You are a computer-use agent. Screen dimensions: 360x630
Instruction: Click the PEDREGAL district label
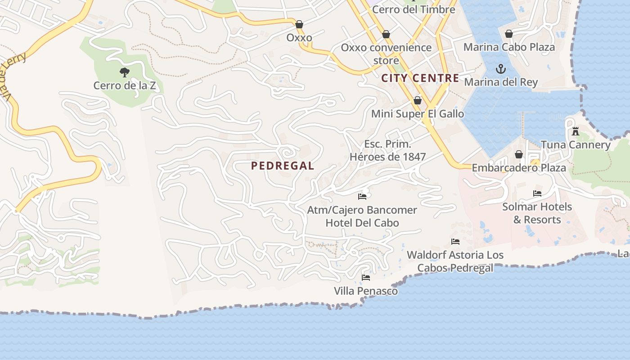pyautogui.click(x=283, y=166)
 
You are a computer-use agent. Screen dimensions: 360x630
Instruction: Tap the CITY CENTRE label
pyautogui.click(x=420, y=78)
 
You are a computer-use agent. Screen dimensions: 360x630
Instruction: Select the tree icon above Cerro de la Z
pyautogui.click(x=125, y=72)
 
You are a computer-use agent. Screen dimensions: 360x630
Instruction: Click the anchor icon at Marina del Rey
pyautogui.click(x=500, y=69)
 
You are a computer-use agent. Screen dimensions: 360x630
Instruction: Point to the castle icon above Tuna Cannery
pyautogui.click(x=575, y=131)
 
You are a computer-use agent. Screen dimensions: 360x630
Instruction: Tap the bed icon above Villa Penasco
pyautogui.click(x=365, y=278)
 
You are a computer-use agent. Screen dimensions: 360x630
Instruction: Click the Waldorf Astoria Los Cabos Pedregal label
pyautogui.click(x=455, y=261)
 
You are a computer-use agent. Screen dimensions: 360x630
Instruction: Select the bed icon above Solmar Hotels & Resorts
pyautogui.click(x=537, y=193)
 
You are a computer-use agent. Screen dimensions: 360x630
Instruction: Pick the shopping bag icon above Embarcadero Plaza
pyautogui.click(x=518, y=154)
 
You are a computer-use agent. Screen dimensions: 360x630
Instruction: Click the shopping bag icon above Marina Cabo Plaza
pyautogui.click(x=509, y=34)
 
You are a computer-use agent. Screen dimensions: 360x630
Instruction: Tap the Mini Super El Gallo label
pyautogui.click(x=417, y=114)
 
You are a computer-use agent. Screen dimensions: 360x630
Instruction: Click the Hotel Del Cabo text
pyautogui.click(x=362, y=223)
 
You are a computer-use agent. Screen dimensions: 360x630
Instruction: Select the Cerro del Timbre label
pyautogui.click(x=414, y=9)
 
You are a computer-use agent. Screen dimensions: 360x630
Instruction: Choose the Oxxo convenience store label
pyautogui.click(x=386, y=54)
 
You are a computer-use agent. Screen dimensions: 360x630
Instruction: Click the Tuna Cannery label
pyautogui.click(x=576, y=145)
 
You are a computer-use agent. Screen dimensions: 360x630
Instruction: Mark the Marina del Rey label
pyautogui.click(x=500, y=82)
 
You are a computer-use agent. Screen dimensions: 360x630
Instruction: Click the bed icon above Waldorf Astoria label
pyautogui.click(x=455, y=242)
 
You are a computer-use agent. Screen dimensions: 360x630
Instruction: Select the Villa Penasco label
pyautogui.click(x=365, y=291)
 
